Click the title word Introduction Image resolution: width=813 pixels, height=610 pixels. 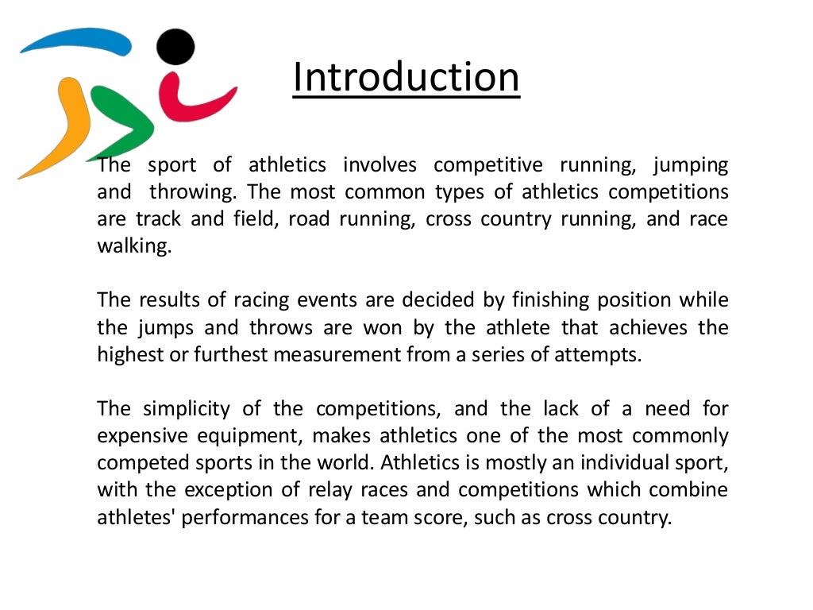click(x=406, y=77)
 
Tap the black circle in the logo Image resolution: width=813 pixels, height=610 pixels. click(x=175, y=46)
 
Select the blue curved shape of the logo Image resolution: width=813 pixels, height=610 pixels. click(x=75, y=40)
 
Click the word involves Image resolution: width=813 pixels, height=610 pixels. click(x=380, y=165)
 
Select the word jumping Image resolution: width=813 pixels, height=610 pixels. click(x=690, y=166)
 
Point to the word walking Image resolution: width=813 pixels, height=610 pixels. click(x=133, y=246)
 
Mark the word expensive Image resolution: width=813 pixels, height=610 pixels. click(x=143, y=436)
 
